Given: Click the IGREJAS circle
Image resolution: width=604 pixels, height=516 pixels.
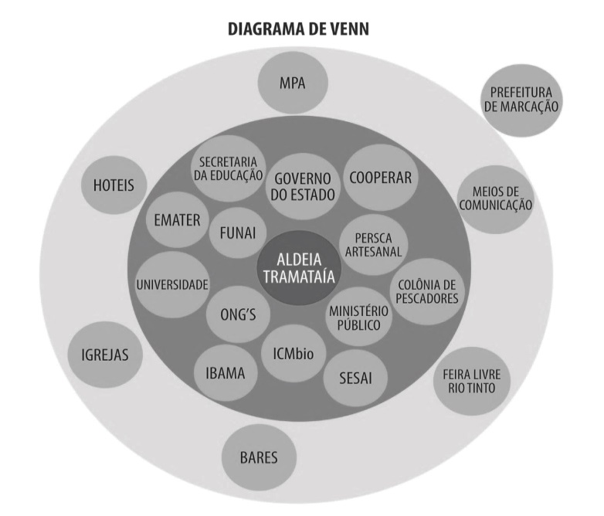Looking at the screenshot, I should [x=105, y=355].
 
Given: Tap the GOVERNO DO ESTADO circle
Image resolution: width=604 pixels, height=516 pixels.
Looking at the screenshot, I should [x=304, y=186].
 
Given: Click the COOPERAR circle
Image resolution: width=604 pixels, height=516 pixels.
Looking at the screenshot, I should [x=380, y=177].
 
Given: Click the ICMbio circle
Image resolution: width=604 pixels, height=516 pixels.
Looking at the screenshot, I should [x=294, y=351].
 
